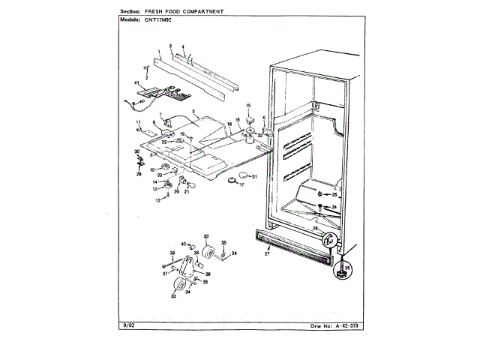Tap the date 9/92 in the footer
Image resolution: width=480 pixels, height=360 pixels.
tap(127, 325)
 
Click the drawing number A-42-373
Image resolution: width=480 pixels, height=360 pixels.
tap(341, 325)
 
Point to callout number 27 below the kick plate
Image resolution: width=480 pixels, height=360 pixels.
tap(266, 255)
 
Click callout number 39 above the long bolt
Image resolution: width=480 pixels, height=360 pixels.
tap(172, 253)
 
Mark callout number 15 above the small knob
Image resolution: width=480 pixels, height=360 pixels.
tap(248, 105)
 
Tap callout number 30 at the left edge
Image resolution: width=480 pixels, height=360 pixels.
tap(137, 151)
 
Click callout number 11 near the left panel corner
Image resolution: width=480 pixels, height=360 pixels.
tap(138, 121)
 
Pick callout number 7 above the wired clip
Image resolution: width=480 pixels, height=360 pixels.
tap(159, 114)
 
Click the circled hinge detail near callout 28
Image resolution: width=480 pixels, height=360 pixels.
tap(329, 241)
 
